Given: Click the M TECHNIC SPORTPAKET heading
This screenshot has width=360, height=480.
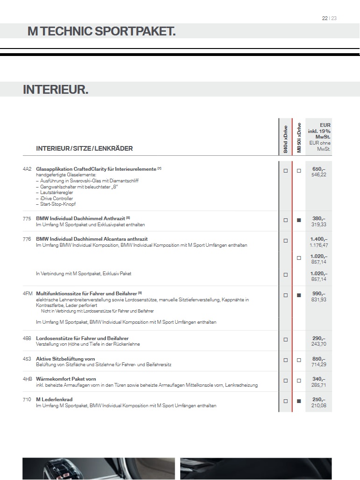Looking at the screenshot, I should tap(101, 31).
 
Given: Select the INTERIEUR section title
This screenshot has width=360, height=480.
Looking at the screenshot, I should tap(56, 90).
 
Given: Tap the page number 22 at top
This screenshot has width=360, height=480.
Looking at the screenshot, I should tap(325, 18).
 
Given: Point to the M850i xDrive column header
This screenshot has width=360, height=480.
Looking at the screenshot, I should tap(299, 138).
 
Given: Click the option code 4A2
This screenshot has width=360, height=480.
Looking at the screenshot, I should tap(27, 169).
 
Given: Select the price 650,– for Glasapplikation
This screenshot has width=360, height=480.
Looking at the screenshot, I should tap(319, 169).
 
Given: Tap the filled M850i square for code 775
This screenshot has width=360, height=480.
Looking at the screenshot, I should tap(299, 220).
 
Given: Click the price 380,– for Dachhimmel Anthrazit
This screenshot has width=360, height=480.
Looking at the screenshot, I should tap(319, 218).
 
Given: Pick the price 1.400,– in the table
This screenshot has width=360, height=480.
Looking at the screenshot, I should tap(319, 239).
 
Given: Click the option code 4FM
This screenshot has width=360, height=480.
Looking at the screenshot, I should tap(27, 293).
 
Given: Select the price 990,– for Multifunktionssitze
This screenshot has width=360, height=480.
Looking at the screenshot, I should tap(319, 293).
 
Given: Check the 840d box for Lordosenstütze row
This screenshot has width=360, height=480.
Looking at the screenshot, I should tap(285, 340).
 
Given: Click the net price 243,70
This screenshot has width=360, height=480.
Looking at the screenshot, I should tap(319, 344).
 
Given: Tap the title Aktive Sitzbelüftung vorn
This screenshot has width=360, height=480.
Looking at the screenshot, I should tap(65, 359).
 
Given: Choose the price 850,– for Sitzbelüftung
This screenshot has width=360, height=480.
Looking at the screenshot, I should tap(319, 359).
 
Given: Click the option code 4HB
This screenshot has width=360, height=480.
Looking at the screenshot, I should tap(27, 379).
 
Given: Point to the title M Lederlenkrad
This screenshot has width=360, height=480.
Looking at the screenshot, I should tap(54, 400).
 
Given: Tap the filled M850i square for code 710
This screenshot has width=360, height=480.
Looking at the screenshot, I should tap(299, 401).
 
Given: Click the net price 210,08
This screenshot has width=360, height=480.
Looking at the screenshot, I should tap(319, 405).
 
